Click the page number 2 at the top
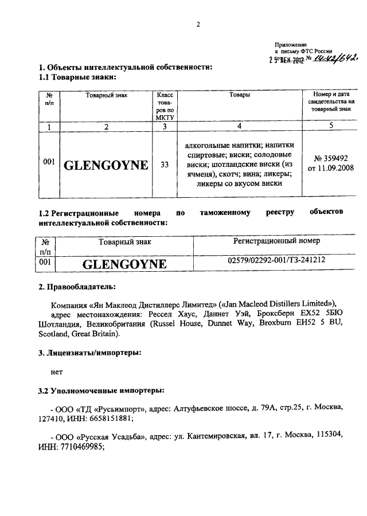click(198, 24)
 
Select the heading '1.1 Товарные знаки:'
click(76, 77)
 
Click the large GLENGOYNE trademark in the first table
click(106, 166)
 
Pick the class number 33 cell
click(165, 165)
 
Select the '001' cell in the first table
click(49, 162)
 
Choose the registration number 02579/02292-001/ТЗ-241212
click(276, 261)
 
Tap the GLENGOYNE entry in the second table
click(124, 264)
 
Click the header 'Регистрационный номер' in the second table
click(276, 241)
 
